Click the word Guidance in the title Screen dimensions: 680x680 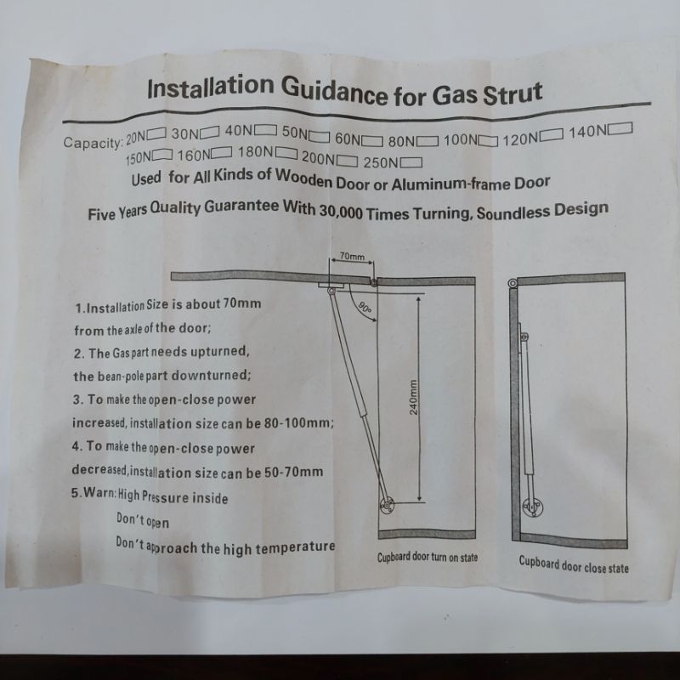pos(333,91)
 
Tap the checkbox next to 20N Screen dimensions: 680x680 pos(156,133)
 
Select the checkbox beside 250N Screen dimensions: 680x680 pos(411,162)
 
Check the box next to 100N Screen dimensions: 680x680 pos(488,141)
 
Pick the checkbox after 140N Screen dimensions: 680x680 pos(620,129)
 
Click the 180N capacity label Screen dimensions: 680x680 pos(256,152)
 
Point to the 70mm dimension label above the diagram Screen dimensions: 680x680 pos(352,257)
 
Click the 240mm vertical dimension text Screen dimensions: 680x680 pos(413,397)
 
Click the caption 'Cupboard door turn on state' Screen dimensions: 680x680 pos(428,558)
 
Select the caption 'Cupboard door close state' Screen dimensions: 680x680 pos(573,564)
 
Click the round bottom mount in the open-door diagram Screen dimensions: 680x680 pos(387,505)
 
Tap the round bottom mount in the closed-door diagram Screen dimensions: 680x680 pos(534,507)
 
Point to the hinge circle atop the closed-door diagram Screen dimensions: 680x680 pos(513,284)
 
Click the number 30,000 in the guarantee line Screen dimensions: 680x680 pos(341,211)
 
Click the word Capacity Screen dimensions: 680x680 pos(93,141)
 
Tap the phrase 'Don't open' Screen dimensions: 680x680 pos(143,520)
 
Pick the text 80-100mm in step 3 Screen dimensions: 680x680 pos(298,422)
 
